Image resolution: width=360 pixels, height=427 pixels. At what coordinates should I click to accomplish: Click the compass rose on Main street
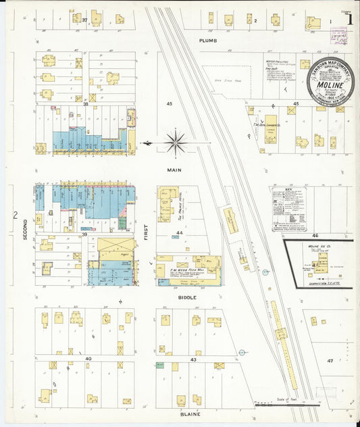pyautogui.click(x=176, y=143)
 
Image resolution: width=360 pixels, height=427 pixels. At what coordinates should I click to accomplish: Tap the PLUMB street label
pyautogui.click(x=207, y=41)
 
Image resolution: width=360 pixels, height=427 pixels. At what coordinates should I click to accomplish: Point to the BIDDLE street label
pyautogui.click(x=187, y=297)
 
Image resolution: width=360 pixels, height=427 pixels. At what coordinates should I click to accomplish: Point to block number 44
pyautogui.click(x=179, y=232)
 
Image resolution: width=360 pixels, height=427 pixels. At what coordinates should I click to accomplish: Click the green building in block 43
pyautogui.click(x=161, y=366)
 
